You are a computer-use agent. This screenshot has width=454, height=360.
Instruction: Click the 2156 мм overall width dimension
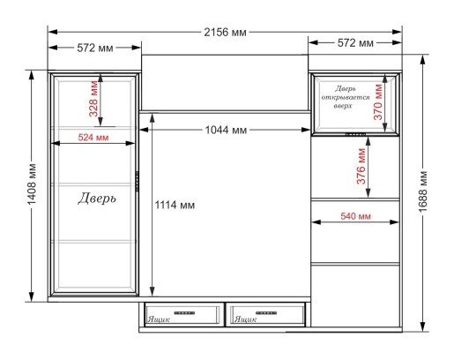pos(225,32)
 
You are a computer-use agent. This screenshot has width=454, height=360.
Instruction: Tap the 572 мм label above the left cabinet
pos(95,48)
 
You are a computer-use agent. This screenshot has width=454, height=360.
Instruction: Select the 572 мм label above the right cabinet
pos(355,43)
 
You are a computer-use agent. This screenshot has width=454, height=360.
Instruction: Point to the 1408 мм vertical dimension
pos(32,184)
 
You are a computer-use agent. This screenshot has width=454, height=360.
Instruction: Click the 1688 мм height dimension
pos(422,191)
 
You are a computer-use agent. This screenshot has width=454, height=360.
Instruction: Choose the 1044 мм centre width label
pos(226,130)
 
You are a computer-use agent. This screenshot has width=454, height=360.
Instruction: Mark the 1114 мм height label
pos(175,205)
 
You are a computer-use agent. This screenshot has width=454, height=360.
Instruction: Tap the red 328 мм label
pos(93,99)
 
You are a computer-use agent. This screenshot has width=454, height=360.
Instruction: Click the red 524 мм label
pos(93,137)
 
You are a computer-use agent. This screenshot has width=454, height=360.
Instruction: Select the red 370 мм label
pos(378,102)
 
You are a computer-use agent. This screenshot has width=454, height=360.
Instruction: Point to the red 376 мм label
pos(361,166)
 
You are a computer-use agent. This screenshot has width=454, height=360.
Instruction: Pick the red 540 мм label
pos(355,216)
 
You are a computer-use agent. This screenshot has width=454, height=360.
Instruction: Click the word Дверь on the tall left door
pos(97,199)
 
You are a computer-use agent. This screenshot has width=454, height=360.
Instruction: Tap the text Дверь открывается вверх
pos(346,97)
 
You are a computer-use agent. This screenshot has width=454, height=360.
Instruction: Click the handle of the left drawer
pos(184,313)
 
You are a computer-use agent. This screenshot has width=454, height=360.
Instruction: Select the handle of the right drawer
pos(266,313)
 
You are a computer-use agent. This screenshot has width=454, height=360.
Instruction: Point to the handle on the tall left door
pos(137,181)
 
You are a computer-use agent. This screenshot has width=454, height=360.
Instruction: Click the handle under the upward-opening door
pos(355,134)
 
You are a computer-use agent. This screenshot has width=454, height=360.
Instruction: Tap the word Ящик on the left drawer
pos(159,319)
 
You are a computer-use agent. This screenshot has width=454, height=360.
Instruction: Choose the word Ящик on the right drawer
pos(245,319)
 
